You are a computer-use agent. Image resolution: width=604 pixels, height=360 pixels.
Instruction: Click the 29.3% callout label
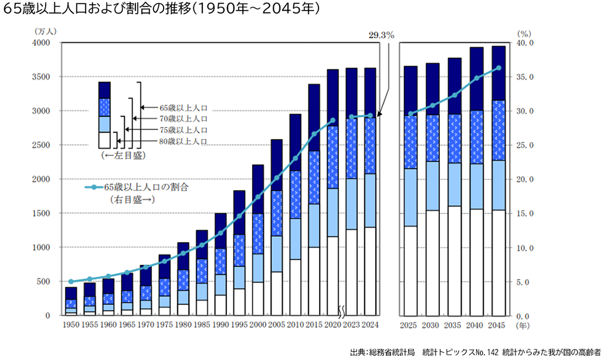(x=381, y=35)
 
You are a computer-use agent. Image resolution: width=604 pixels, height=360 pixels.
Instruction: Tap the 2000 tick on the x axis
(x=259, y=324)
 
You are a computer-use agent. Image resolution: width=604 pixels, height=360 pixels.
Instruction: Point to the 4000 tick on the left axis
(x=42, y=43)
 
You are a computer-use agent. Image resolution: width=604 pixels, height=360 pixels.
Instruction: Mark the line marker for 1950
(x=71, y=281)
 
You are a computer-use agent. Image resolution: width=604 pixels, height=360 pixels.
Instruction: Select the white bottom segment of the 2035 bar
(x=454, y=260)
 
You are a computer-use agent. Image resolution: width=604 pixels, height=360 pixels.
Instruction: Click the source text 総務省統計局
(x=392, y=352)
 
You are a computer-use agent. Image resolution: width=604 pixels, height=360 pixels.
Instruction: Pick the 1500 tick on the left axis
(x=42, y=213)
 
